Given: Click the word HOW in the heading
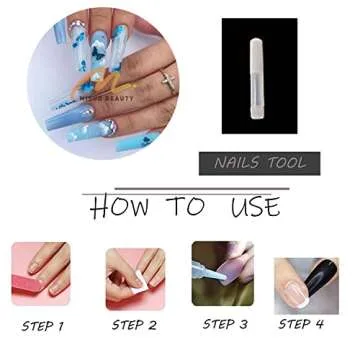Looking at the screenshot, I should (118, 207).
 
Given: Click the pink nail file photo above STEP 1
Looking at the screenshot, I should (43, 276).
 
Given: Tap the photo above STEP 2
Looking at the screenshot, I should (134, 276).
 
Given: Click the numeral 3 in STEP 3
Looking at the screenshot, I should (246, 324).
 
